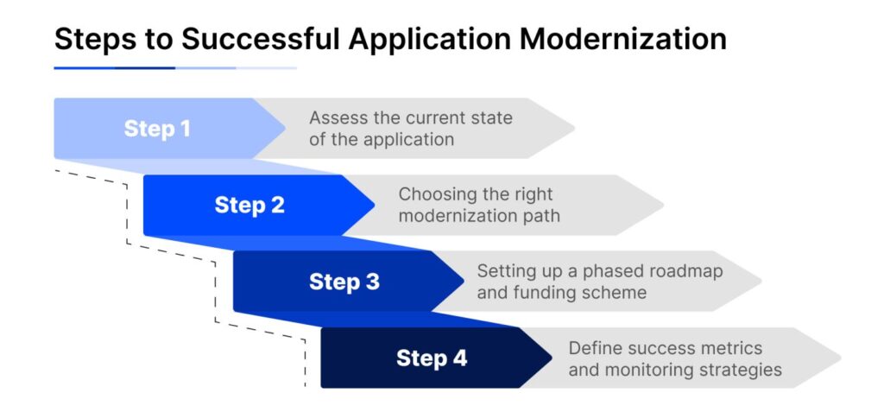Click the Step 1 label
tap(157, 129)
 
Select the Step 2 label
tap(249, 206)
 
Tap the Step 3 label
tap(344, 282)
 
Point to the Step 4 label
tap(432, 358)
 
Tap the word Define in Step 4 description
tap(596, 348)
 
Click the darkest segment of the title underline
tap(145, 67)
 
